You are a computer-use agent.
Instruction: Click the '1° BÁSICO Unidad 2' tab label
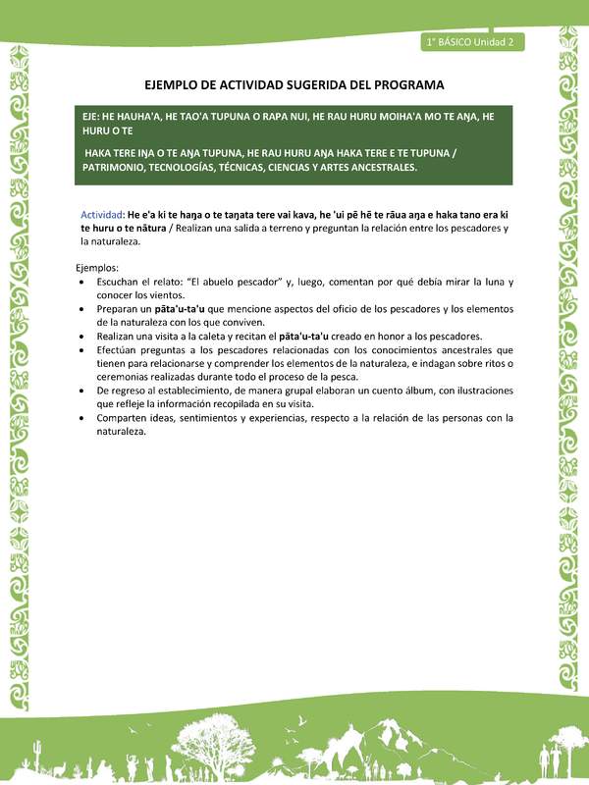tap(472, 41)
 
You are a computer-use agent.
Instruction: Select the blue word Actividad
tap(102, 214)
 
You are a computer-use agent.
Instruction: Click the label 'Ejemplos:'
tap(96, 267)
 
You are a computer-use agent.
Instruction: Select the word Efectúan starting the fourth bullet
tap(119, 349)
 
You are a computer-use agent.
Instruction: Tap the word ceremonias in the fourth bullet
tap(125, 376)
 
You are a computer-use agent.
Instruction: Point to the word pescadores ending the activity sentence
tap(473, 228)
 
